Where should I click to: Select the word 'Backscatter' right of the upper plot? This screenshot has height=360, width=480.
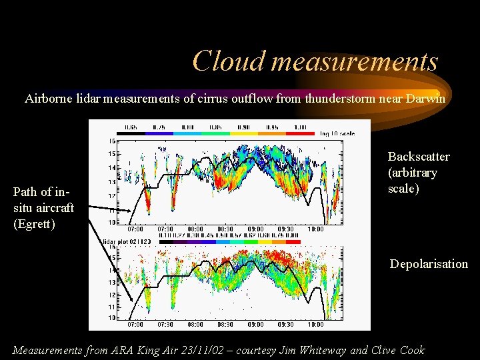tap(419, 157)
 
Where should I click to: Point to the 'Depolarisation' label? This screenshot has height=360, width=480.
tap(429, 264)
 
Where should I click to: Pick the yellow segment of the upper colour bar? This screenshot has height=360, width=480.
tap(245, 133)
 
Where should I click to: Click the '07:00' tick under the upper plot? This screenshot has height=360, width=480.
tap(135, 229)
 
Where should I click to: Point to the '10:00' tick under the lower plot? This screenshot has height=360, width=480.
tap(317, 325)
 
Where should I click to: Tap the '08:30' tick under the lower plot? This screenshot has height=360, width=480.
tap(225, 325)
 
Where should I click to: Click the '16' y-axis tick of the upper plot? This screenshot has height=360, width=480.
tap(112, 141)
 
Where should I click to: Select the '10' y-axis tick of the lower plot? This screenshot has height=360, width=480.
tap(112, 319)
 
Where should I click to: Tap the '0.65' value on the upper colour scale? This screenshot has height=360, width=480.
tap(131, 127)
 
